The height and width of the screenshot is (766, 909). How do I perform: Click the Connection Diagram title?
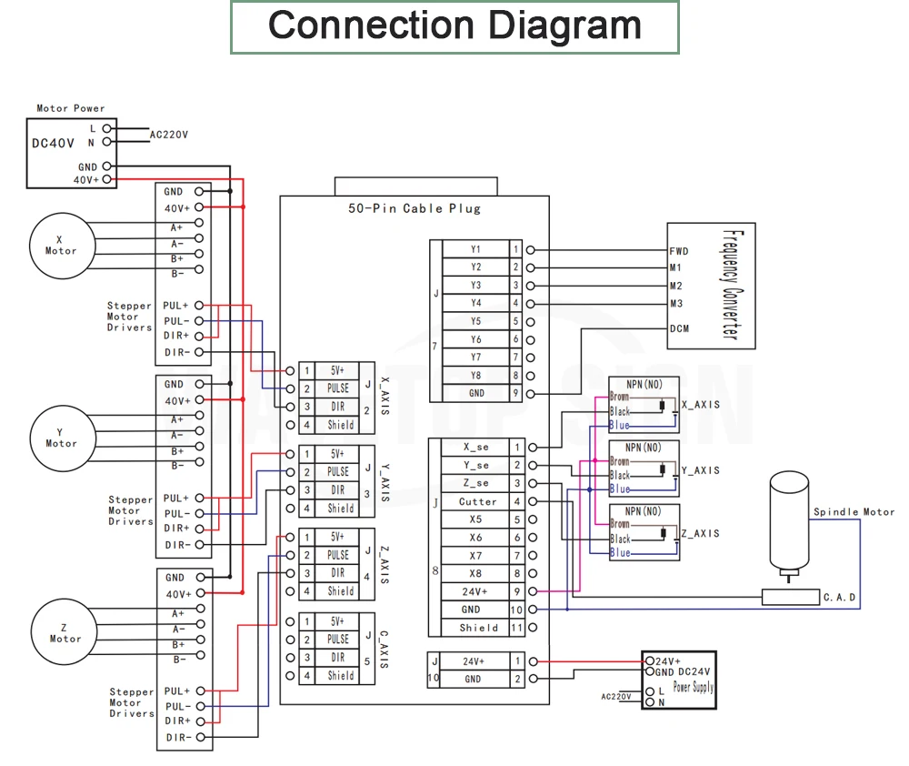click(x=454, y=25)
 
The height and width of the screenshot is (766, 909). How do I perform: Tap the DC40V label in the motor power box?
click(x=53, y=143)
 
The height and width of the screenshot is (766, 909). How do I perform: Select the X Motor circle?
click(x=62, y=246)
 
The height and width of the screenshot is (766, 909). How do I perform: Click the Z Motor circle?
click(x=65, y=632)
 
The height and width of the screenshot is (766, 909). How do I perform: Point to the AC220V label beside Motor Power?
click(x=169, y=135)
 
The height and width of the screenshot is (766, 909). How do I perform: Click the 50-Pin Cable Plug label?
click(x=415, y=208)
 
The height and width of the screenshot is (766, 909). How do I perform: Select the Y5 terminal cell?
click(x=476, y=321)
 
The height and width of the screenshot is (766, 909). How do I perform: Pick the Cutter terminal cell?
click(x=477, y=501)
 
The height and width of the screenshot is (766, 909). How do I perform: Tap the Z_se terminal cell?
click(x=476, y=483)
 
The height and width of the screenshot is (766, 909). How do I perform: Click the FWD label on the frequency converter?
click(x=679, y=251)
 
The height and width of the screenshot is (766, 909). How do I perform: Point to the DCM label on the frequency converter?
click(x=679, y=328)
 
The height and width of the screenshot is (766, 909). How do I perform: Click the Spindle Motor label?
click(x=854, y=512)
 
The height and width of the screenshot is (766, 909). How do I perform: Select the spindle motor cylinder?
click(x=789, y=521)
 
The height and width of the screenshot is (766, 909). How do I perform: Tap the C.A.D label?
click(x=839, y=597)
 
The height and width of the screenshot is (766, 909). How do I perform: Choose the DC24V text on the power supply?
click(x=694, y=671)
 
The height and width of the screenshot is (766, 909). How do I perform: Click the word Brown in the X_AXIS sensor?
click(x=619, y=397)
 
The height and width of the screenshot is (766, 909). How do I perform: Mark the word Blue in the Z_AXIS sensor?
click(x=620, y=553)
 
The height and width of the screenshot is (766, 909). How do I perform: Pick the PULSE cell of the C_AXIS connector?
click(x=337, y=639)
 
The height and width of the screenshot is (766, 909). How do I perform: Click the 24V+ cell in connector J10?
click(x=473, y=661)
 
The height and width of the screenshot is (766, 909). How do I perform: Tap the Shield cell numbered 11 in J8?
click(x=478, y=628)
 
